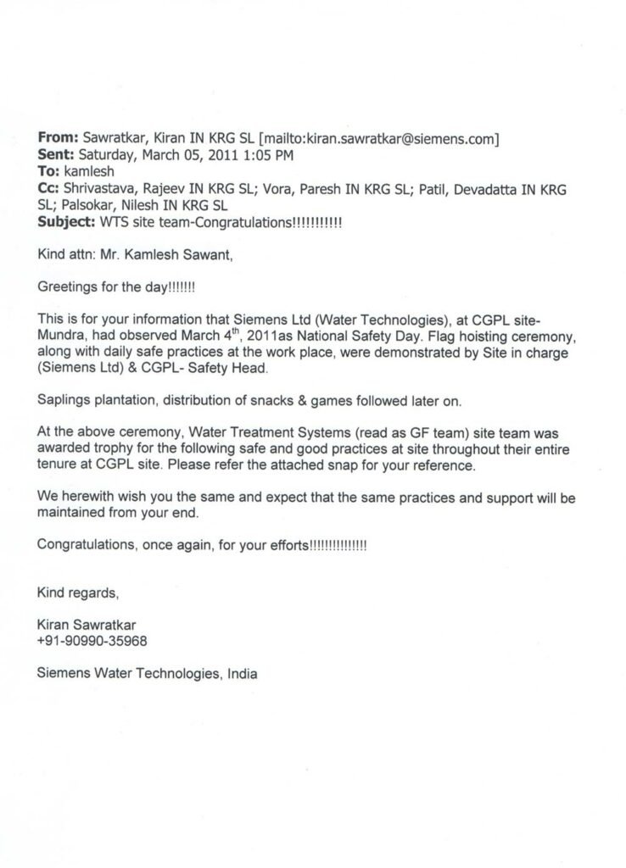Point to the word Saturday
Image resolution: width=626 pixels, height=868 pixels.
(x=107, y=154)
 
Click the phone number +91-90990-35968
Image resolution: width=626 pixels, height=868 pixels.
(x=87, y=642)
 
